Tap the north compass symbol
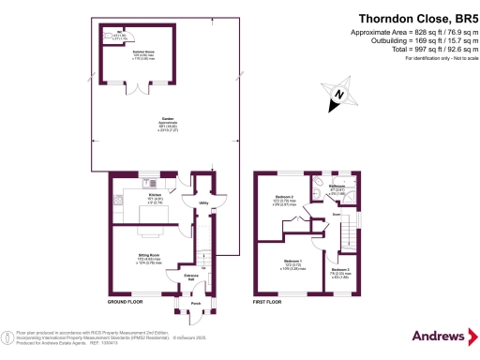(x=339, y=94)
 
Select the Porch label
(x=196, y=303)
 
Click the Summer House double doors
(x=141, y=89)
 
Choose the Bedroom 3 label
(x=338, y=272)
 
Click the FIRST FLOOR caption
(x=269, y=303)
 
